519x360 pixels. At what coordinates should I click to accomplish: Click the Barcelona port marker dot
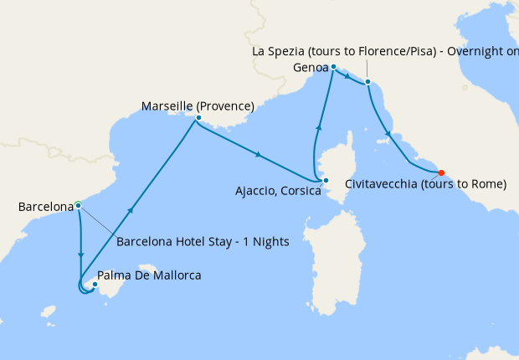[x=78, y=204]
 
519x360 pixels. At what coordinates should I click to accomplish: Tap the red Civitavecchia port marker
[x=441, y=174]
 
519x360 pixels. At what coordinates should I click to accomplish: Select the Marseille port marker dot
[x=198, y=118]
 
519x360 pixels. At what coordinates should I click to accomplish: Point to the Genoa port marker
[x=333, y=66]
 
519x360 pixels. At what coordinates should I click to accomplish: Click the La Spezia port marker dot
[x=367, y=82]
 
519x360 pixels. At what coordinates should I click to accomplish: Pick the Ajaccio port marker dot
[x=326, y=180]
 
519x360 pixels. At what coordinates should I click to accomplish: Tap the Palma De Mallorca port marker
[x=95, y=285]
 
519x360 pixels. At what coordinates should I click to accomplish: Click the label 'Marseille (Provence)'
[x=198, y=106]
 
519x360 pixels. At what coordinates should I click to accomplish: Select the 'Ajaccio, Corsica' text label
[x=279, y=191]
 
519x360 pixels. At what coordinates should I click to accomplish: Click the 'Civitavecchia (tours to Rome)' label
[x=425, y=184]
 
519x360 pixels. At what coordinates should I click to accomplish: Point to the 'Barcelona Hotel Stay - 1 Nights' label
[x=203, y=242]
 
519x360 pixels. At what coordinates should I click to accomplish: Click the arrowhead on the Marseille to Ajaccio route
[x=259, y=154]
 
